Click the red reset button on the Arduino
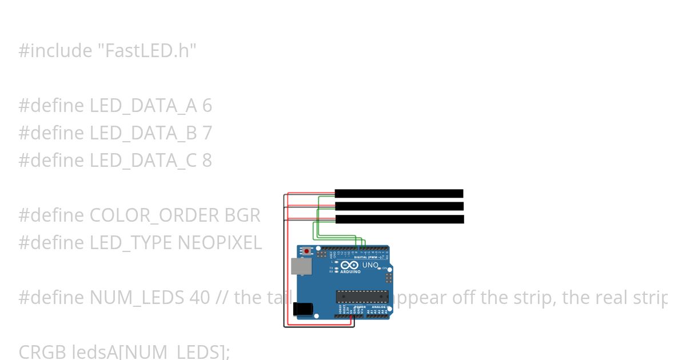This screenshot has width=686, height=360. pos(308,251)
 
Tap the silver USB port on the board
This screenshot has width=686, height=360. pos(298,266)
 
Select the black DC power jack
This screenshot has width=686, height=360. pos(303,309)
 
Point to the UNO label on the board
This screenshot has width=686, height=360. pos(370,265)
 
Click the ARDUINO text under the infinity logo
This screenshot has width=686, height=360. pos(350,271)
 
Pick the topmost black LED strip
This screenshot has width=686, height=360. pos(398,193)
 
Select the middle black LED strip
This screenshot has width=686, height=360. pos(398,206)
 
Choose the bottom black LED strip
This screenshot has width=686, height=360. pos(399,219)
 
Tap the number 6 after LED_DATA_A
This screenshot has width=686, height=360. pos(207,106)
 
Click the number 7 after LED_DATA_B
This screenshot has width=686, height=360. pos(207,133)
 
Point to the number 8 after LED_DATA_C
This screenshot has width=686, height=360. pos(207,161)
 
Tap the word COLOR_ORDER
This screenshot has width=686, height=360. pos(154,215)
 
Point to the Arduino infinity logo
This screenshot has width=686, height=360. pos(350,265)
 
